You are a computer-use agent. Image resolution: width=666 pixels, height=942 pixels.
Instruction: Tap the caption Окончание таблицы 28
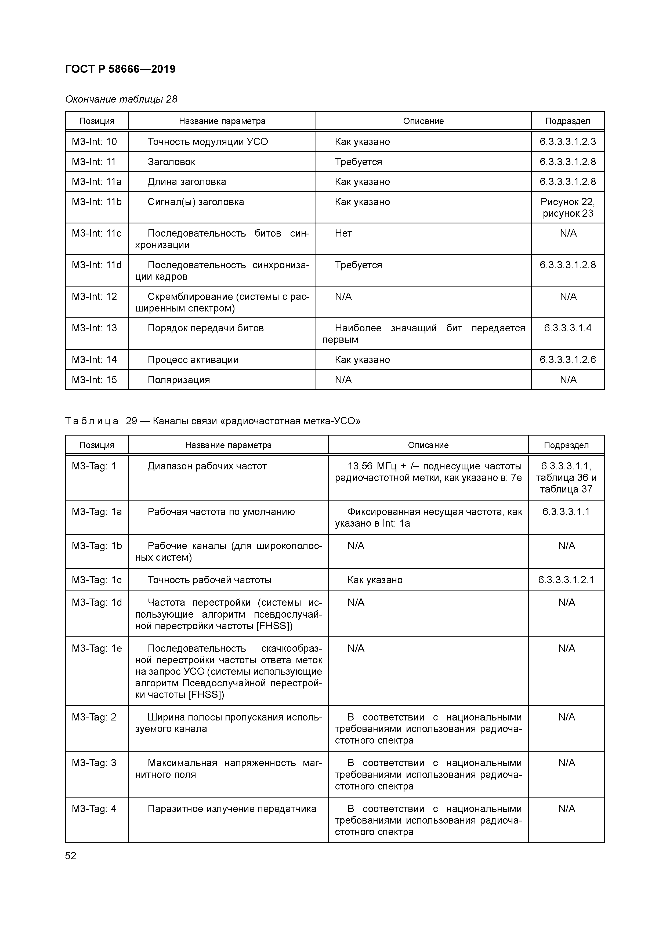(x=121, y=99)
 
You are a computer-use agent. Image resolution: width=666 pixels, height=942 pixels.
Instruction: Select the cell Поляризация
(x=179, y=380)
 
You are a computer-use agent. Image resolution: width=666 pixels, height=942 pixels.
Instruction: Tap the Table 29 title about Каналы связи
(x=213, y=421)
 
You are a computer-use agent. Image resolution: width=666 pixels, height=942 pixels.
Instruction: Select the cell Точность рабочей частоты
(x=209, y=580)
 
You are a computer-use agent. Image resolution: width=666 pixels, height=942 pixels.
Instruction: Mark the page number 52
(x=71, y=856)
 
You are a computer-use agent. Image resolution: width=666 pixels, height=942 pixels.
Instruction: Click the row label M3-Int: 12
(x=94, y=297)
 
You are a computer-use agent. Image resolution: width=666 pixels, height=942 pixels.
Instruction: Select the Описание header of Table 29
(x=428, y=445)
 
